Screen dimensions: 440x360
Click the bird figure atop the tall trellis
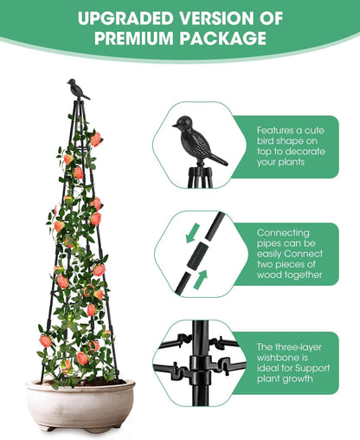click(78, 87)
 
